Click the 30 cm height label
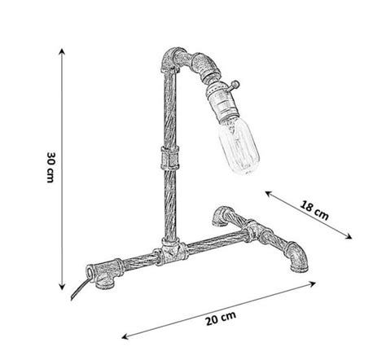(x=50, y=167)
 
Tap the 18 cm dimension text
(x=314, y=210)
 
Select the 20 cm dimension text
(x=221, y=318)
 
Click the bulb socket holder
(x=220, y=103)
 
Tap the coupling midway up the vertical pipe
(x=169, y=157)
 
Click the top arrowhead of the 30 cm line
(x=62, y=51)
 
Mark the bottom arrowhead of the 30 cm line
(x=63, y=287)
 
